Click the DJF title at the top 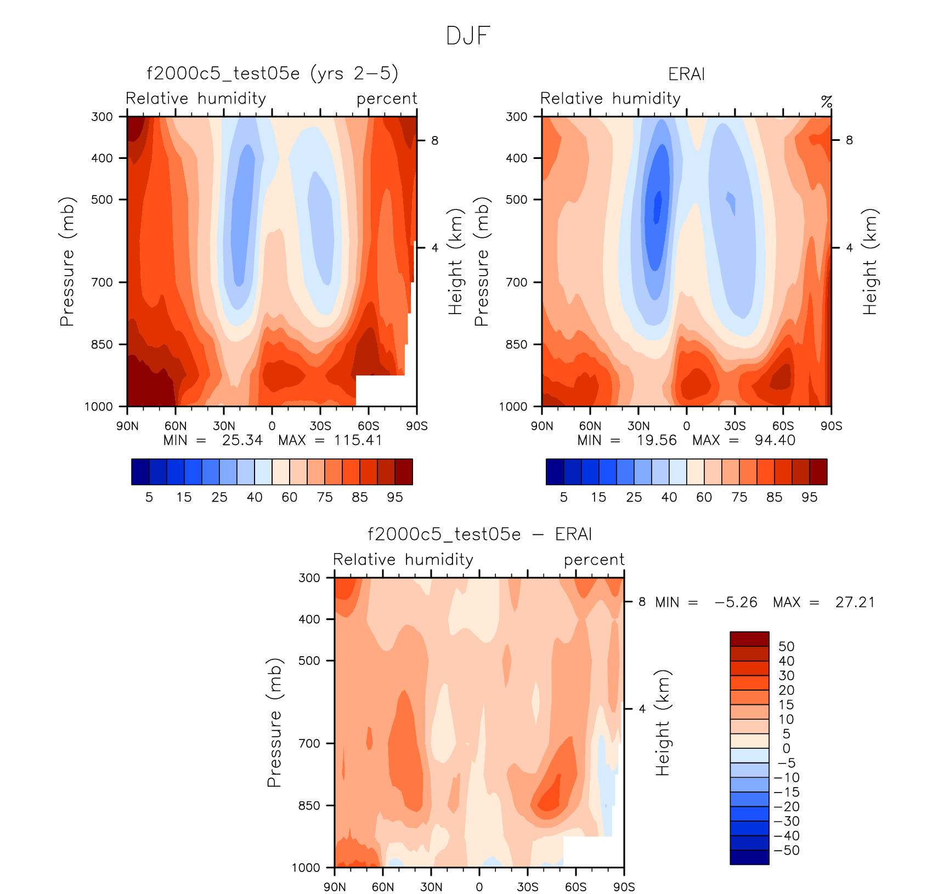pyautogui.click(x=468, y=36)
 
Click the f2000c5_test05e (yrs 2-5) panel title pyautogui.click(x=272, y=73)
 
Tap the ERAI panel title pyautogui.click(x=686, y=74)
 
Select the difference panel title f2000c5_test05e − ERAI pyautogui.click(x=479, y=534)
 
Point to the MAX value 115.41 pyautogui.click(x=358, y=440)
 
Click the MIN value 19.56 pyautogui.click(x=657, y=440)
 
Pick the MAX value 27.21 pyautogui.click(x=855, y=602)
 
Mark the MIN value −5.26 pyautogui.click(x=736, y=602)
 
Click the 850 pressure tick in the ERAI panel pyautogui.click(x=516, y=344)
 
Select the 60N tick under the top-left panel pyautogui.click(x=176, y=426)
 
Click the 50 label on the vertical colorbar pyautogui.click(x=786, y=646)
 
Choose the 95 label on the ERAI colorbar pyautogui.click(x=809, y=497)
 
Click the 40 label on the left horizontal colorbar pyautogui.click(x=255, y=497)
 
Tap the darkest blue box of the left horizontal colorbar pyautogui.click(x=140, y=472)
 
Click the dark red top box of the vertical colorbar pyautogui.click(x=749, y=639)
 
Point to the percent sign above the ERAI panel pyautogui.click(x=826, y=102)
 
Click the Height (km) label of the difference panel pyautogui.click(x=663, y=722)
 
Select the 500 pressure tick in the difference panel pyautogui.click(x=309, y=660)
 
